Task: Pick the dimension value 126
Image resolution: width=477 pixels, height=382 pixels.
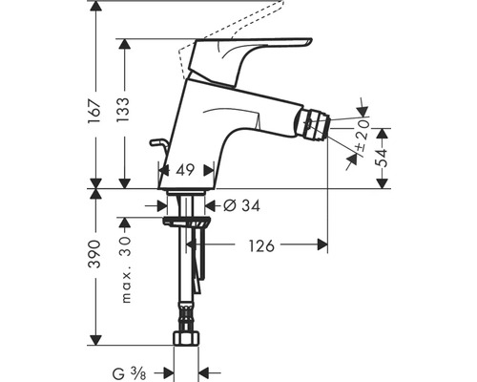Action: (259, 245)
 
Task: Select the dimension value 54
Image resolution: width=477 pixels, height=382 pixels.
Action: (382, 158)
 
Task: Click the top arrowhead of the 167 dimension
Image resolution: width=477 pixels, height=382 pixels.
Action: (95, 6)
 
